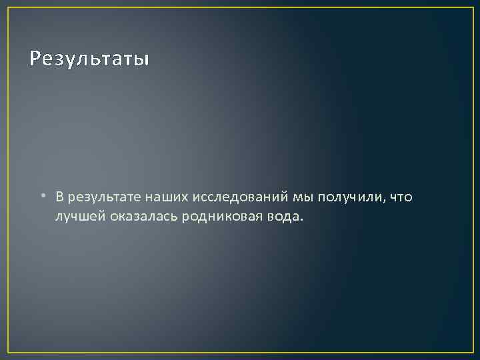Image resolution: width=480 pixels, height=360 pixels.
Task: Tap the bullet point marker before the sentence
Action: click(x=41, y=197)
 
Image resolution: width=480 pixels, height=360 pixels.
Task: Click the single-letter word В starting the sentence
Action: click(x=60, y=197)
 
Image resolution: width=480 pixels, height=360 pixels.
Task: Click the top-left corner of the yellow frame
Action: click(x=8, y=8)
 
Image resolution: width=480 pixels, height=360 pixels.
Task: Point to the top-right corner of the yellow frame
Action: click(x=472, y=8)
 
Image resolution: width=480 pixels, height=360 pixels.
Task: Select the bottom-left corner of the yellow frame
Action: click(x=8, y=351)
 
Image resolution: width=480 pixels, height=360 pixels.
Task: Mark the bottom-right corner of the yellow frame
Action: click(x=472, y=351)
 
